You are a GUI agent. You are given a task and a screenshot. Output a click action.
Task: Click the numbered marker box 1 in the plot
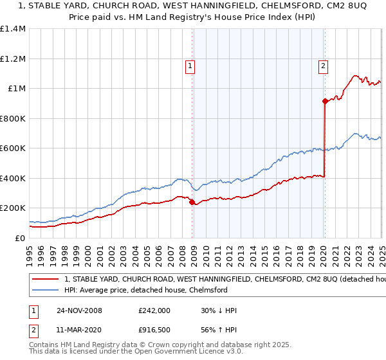pyautogui.click(x=191, y=65)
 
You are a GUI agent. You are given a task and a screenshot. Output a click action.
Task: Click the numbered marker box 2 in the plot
pyautogui.click(x=322, y=65)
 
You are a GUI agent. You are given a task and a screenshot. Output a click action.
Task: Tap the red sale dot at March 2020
pyautogui.click(x=325, y=101)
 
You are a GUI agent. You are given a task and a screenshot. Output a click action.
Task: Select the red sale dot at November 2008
pyautogui.click(x=192, y=202)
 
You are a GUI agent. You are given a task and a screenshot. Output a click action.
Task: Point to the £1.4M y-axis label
pyautogui.click(x=13, y=29)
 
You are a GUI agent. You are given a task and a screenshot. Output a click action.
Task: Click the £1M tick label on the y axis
pyautogui.click(x=17, y=89)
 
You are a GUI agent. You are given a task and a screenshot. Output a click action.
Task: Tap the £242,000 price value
pyautogui.click(x=154, y=310)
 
